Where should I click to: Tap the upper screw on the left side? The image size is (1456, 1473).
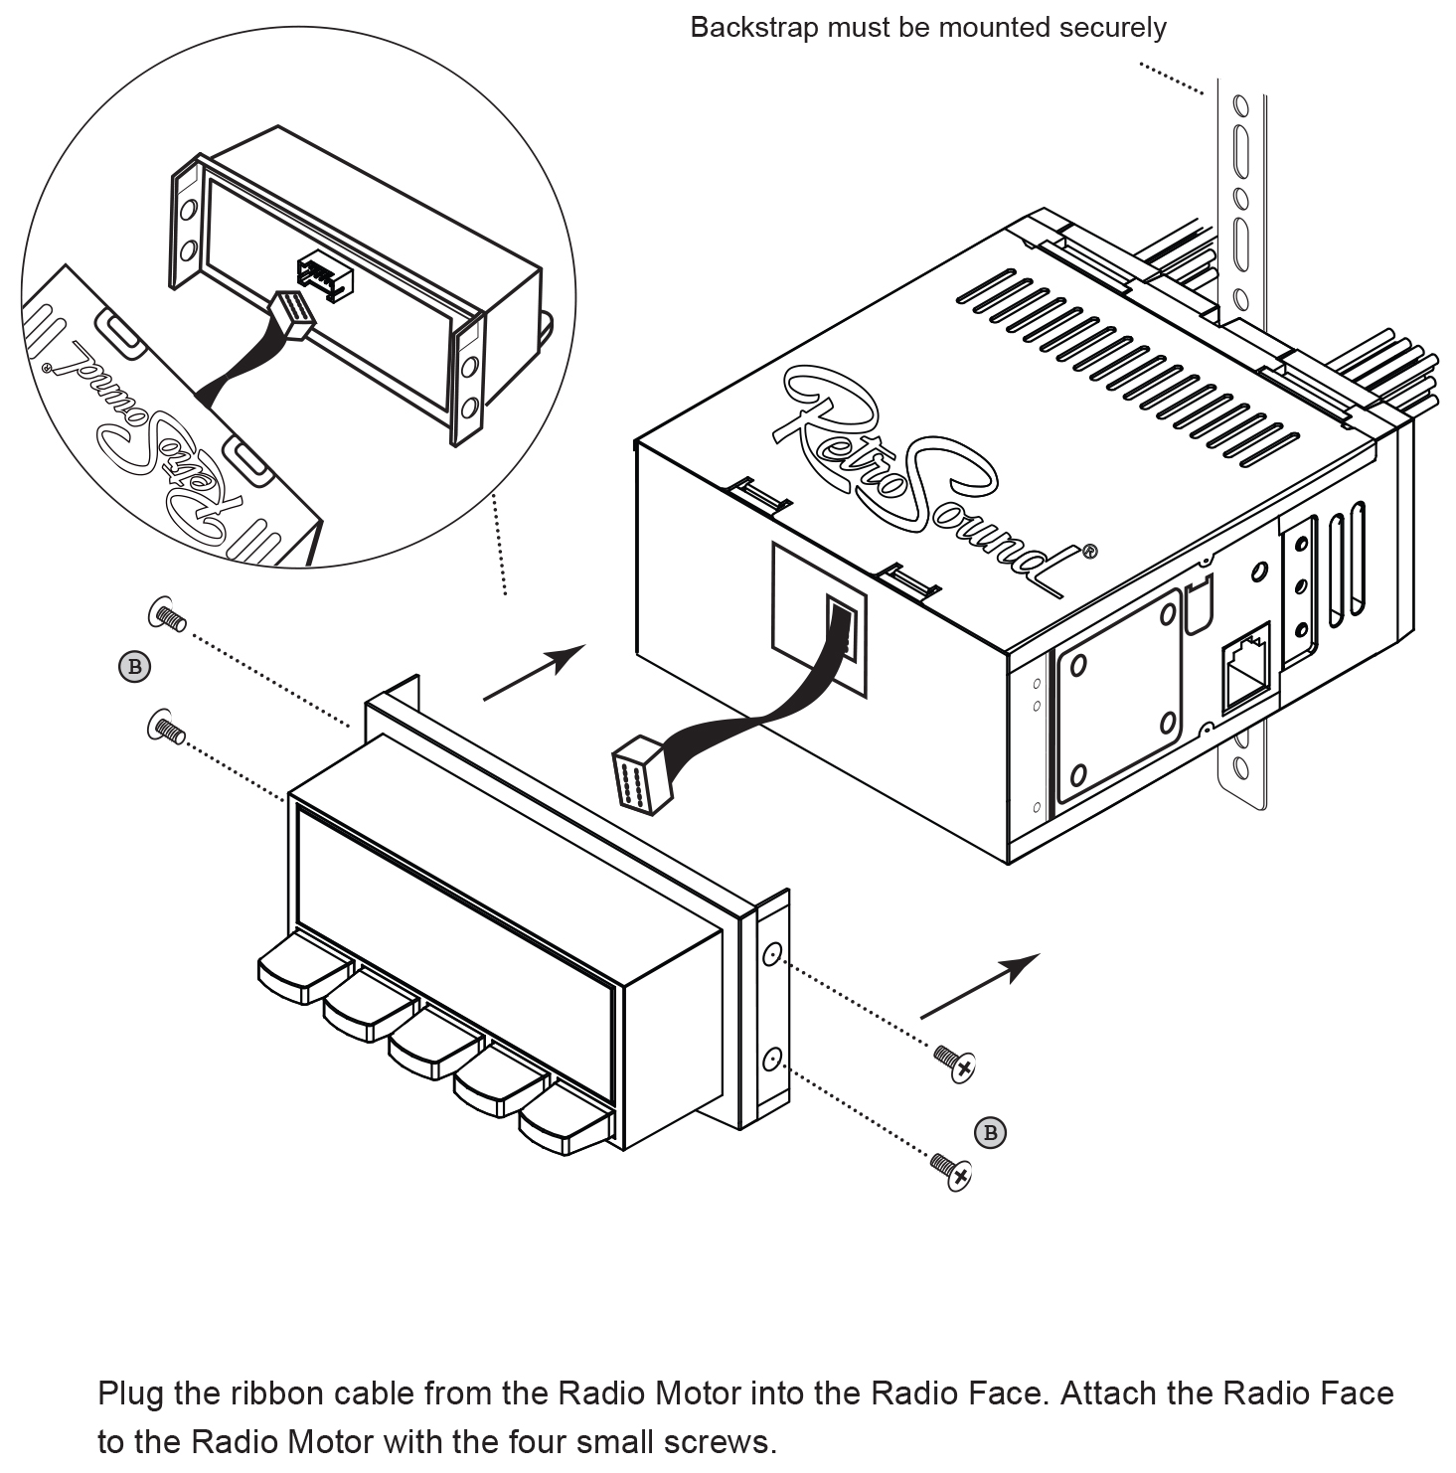167,616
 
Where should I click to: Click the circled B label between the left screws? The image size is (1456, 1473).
134,666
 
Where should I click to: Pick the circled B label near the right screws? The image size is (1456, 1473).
989,1132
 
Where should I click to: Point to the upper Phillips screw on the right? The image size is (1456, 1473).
955,1064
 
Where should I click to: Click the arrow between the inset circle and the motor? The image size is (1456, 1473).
534,673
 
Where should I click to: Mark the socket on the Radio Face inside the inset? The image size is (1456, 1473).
324,277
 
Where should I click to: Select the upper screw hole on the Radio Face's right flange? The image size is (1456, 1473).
770,956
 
